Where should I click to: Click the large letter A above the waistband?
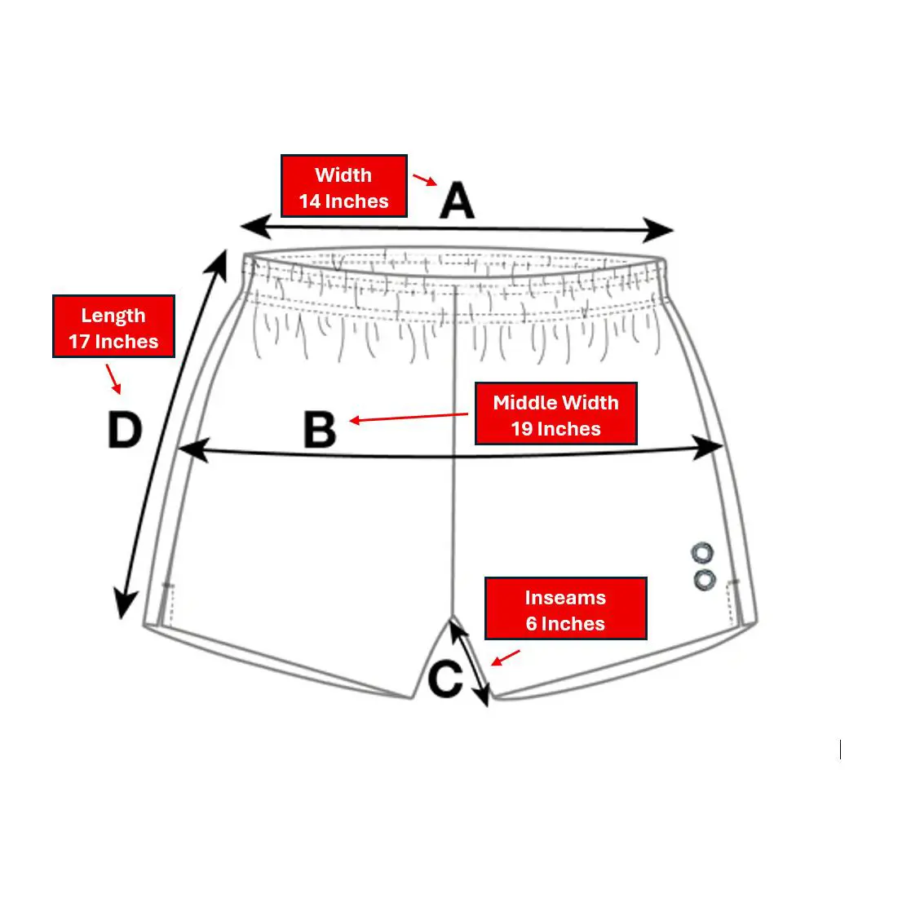[x=457, y=201]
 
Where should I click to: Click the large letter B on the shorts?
[x=320, y=430]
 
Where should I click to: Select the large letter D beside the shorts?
[x=125, y=430]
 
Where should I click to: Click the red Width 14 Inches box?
[x=344, y=186]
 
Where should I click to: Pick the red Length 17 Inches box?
[x=114, y=326]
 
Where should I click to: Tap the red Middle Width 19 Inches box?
[x=555, y=414]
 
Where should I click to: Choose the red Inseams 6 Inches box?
[x=565, y=608]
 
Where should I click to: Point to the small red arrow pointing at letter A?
[x=425, y=179]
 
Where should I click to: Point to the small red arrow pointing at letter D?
[x=114, y=379]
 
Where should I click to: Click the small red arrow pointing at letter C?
[x=505, y=657]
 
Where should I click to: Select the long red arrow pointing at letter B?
[x=409, y=417]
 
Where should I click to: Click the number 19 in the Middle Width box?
[x=521, y=429]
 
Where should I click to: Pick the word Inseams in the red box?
[x=565, y=597]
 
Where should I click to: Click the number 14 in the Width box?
[x=309, y=201]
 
